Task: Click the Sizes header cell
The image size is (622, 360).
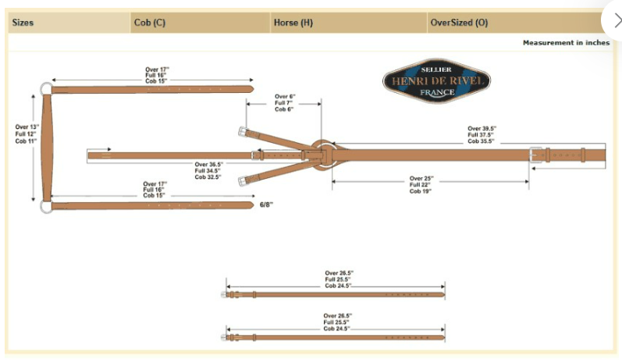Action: [x=23, y=23]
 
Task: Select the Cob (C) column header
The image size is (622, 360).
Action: [x=149, y=23]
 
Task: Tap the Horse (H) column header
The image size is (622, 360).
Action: [x=293, y=23]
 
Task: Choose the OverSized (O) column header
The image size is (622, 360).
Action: [x=459, y=23]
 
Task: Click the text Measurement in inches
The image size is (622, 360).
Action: [x=566, y=43]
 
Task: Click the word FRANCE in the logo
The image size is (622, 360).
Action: [x=436, y=92]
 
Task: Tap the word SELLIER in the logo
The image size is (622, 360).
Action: [x=436, y=70]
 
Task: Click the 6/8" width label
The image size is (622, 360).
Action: [x=267, y=205]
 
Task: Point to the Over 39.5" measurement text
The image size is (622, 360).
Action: [x=484, y=128]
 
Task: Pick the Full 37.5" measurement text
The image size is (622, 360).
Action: [x=484, y=134]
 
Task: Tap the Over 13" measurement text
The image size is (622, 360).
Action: [x=27, y=127]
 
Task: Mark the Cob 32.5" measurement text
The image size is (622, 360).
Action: [x=208, y=177]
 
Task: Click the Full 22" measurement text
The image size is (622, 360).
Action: [x=421, y=184]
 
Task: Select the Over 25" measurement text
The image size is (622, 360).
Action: [x=421, y=178]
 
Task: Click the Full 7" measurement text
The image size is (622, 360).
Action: [x=286, y=103]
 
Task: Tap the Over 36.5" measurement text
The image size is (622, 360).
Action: [x=208, y=165]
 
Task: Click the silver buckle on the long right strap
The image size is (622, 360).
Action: [x=535, y=154]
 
